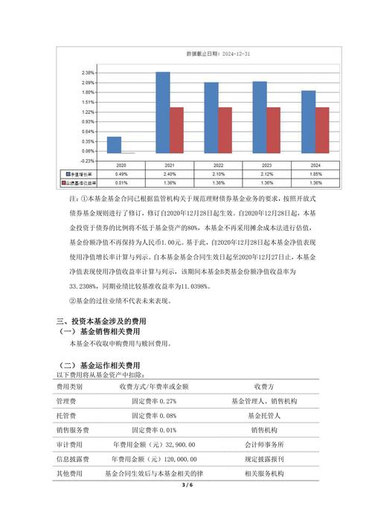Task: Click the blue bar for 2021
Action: pyautogui.click(x=162, y=112)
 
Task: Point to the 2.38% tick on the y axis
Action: pyautogui.click(x=88, y=73)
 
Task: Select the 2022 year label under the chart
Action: pyautogui.click(x=218, y=166)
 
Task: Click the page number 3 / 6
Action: pyautogui.click(x=186, y=485)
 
